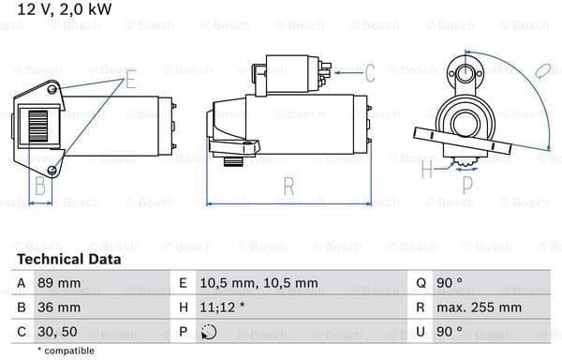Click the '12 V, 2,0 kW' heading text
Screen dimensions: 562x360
coord(65,9)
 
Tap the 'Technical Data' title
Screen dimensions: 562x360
coord(68,260)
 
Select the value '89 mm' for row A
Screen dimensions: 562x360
coord(59,283)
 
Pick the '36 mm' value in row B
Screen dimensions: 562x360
coord(59,307)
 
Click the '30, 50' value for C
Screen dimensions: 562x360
coord(57,332)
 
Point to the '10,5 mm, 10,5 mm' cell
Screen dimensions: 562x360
coord(259,283)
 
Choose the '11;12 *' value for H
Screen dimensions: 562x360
coord(222,307)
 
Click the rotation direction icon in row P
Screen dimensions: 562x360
coord(209,332)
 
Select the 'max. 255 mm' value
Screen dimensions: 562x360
coord(479,307)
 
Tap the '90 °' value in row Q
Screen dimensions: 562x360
coord(449,283)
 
